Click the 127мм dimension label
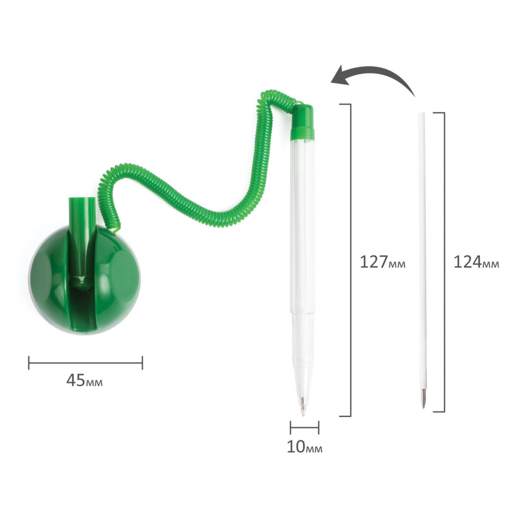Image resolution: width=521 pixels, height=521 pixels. (x=383, y=262)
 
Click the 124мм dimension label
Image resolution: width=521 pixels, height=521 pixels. (x=476, y=262)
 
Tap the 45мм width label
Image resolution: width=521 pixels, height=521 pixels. (x=84, y=380)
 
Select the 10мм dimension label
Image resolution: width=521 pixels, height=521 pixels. (x=305, y=447)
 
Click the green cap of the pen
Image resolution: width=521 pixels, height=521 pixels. (x=302, y=121)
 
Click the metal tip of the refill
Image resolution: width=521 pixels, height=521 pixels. (x=423, y=399)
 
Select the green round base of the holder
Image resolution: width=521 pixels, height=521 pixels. (x=85, y=280)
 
